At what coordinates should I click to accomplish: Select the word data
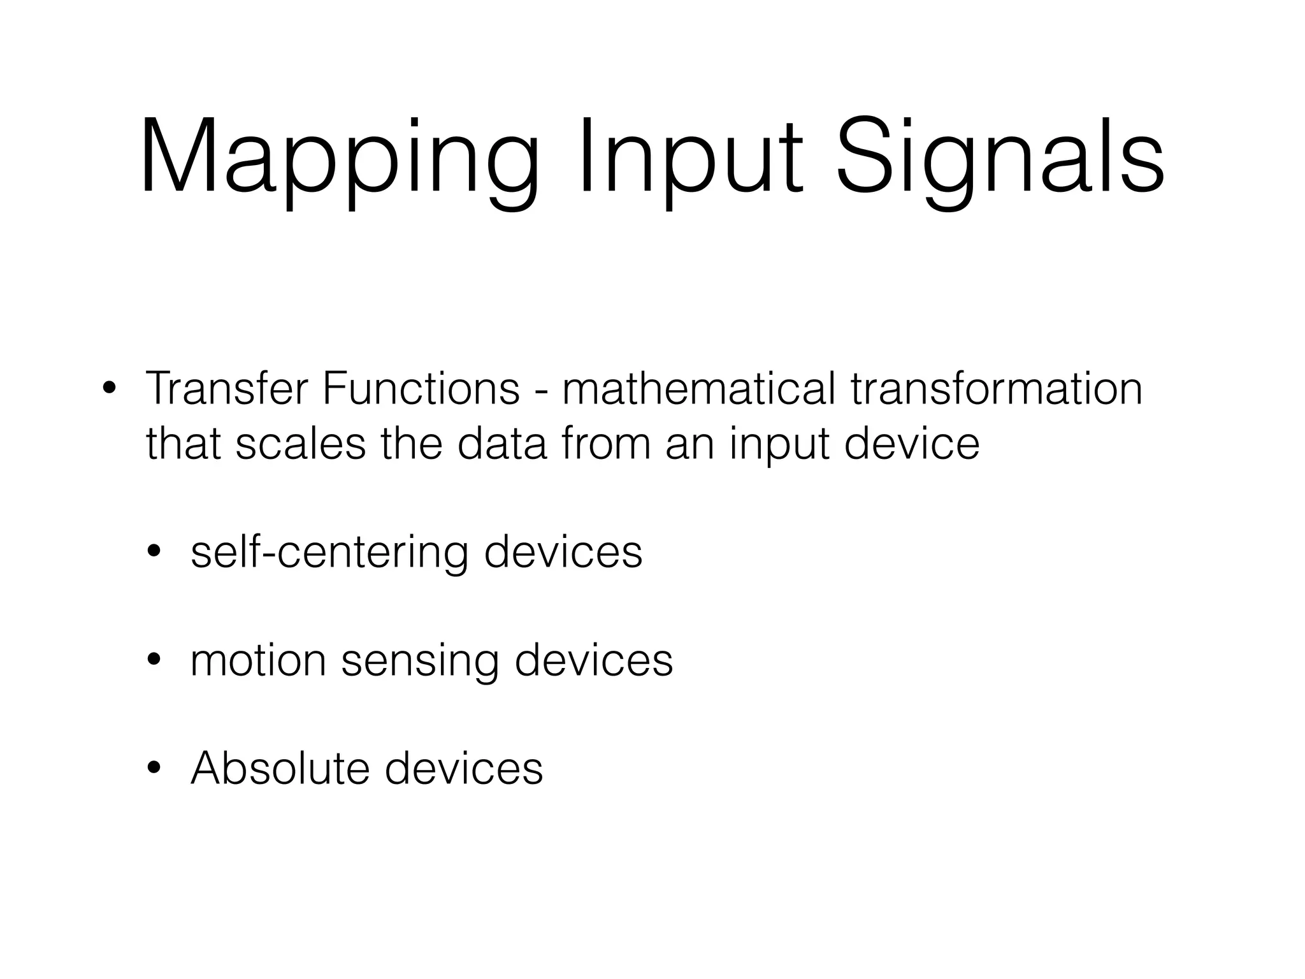[x=503, y=444]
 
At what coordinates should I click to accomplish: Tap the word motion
[x=258, y=660]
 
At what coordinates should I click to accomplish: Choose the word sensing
[x=420, y=662]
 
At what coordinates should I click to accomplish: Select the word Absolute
[x=280, y=768]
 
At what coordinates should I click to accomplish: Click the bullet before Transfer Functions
[x=109, y=388]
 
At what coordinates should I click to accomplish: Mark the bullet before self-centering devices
[x=154, y=552]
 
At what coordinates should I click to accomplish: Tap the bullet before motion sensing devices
[x=154, y=660]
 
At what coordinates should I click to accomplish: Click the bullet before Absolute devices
[x=154, y=769]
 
